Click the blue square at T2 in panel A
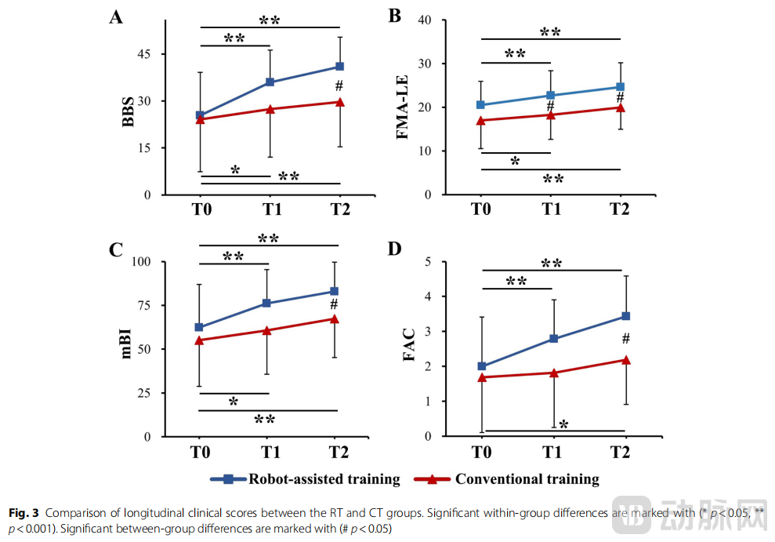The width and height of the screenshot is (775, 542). pyautogui.click(x=339, y=67)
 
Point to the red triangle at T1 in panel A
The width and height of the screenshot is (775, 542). pyautogui.click(x=270, y=109)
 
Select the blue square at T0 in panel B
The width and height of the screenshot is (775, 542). pyautogui.click(x=480, y=104)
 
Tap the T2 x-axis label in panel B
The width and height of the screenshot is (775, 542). pyautogui.click(x=620, y=210)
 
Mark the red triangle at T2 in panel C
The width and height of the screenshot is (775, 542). pyautogui.click(x=334, y=318)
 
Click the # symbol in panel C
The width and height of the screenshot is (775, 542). pyautogui.click(x=334, y=304)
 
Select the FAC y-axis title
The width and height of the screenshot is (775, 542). pyautogui.click(x=408, y=348)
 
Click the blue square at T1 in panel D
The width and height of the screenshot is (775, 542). pyautogui.click(x=553, y=339)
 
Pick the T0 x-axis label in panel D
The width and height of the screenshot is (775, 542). pyautogui.click(x=480, y=453)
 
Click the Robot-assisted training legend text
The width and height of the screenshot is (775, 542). pyautogui.click(x=324, y=479)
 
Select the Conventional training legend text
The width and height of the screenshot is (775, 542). pyautogui.click(x=527, y=479)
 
